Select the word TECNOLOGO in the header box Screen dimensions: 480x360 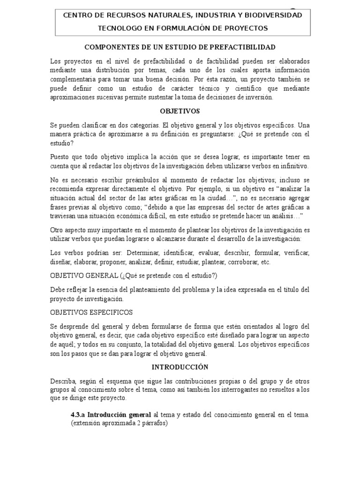tap(116, 28)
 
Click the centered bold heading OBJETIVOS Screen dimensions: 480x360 tap(180, 111)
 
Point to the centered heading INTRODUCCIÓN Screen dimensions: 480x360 tap(180, 367)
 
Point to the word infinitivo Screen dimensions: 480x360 tap(295, 166)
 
